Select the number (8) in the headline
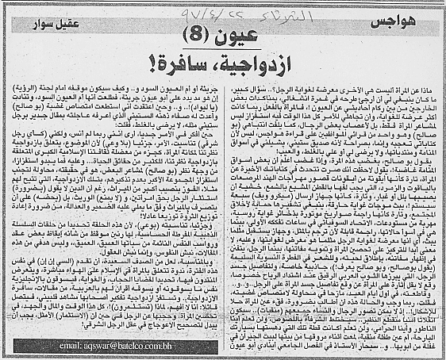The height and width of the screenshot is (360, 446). coord(202,35)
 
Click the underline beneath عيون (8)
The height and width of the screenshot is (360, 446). coord(219,45)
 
